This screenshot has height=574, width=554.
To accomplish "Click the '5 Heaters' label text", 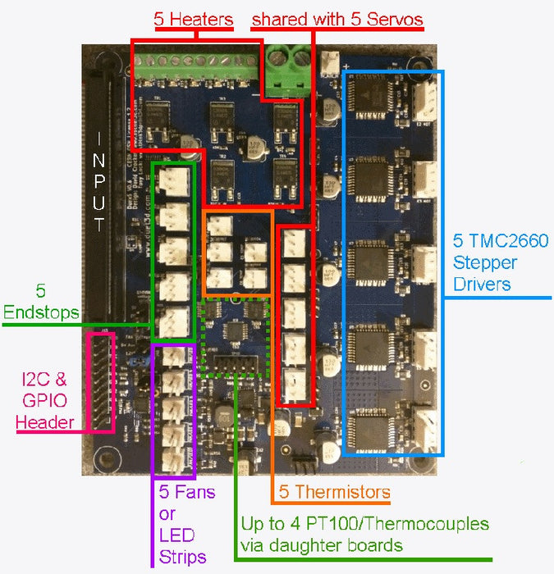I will coord(194,19).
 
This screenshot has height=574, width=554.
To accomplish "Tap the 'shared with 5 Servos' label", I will coord(337,19).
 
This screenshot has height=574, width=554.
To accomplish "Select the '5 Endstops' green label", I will coord(41,301).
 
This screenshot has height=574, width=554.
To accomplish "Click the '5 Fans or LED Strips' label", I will coord(187,525).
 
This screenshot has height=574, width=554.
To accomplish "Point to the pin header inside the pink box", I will coord(102,381).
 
